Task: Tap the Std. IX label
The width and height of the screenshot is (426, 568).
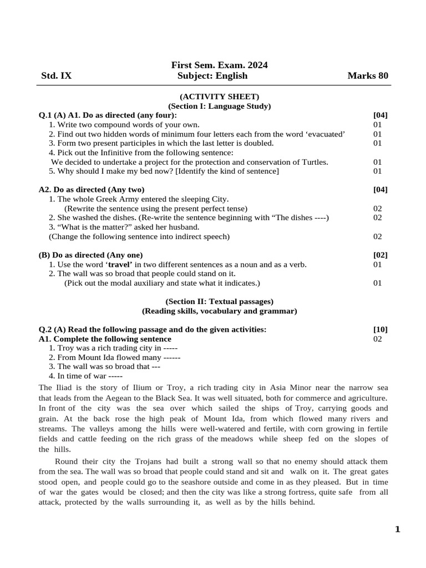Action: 56,76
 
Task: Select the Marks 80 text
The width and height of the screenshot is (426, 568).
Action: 368,76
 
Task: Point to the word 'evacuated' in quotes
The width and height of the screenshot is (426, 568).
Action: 324,134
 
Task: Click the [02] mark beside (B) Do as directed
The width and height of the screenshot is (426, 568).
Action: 381,255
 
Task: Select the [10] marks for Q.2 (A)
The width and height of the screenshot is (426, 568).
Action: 381,329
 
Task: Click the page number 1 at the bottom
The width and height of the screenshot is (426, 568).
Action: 397,529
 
